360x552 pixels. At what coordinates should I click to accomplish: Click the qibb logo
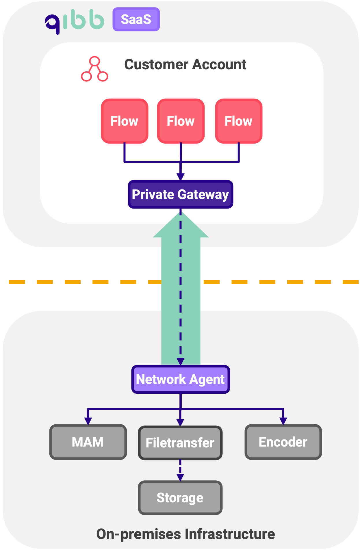tap(75, 21)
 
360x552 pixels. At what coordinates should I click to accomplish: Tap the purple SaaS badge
tap(136, 19)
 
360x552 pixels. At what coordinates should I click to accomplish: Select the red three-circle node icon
tap(94, 69)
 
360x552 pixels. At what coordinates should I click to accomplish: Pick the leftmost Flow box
tap(125, 121)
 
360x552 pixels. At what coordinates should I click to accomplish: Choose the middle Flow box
tap(181, 121)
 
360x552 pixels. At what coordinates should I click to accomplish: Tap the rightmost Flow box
tap(239, 121)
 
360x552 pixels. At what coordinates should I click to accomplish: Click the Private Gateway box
tap(180, 194)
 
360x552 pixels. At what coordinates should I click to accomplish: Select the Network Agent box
tap(181, 379)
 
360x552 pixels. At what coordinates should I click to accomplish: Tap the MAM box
tap(88, 442)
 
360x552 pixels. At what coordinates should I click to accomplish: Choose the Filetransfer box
tap(180, 443)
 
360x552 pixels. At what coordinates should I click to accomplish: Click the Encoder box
tap(283, 442)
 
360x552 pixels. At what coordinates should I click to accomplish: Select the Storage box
tap(180, 498)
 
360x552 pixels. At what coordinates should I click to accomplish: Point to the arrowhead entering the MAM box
tap(88, 421)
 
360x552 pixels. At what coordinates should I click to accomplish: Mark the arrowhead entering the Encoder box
tap(283, 421)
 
